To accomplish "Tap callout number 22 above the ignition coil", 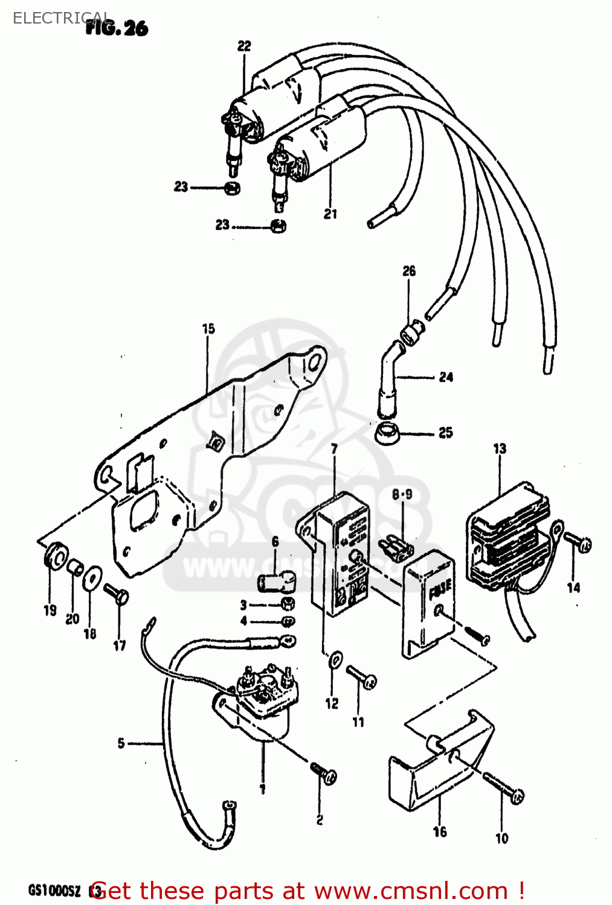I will (244, 46).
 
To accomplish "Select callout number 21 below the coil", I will (330, 214).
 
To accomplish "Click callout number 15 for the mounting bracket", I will (208, 329).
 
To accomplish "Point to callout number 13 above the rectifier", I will (500, 449).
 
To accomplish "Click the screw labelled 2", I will (324, 773).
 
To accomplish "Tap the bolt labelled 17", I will (116, 594).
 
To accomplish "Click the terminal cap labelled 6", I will (276, 582).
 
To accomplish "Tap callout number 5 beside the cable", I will (121, 743).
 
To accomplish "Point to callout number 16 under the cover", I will (440, 832).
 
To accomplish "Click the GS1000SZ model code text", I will (54, 891).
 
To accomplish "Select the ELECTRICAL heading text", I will (60, 18).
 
